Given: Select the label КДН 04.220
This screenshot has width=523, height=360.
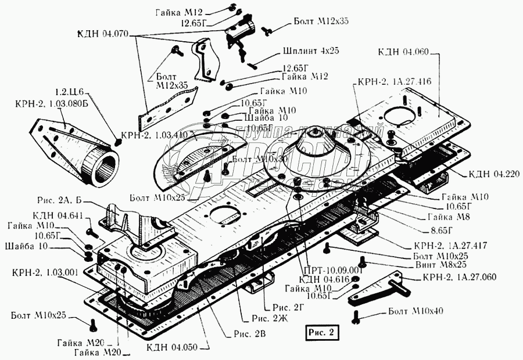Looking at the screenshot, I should pos(487,174).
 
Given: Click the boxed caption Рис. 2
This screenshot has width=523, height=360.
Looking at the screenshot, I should pos(320,333).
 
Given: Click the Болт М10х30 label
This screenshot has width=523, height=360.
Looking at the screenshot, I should pos(254,160).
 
